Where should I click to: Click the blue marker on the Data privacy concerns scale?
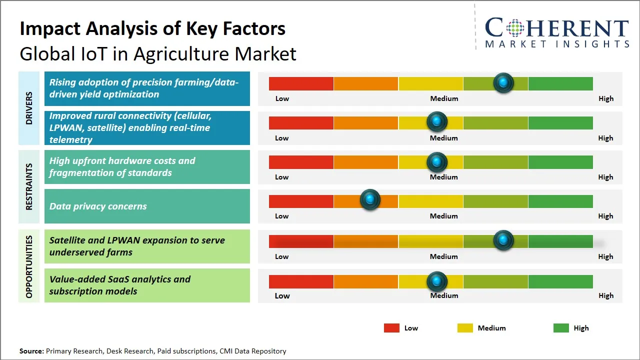coord(370,200)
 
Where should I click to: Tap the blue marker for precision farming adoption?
coord(503,82)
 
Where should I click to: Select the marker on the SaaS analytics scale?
coord(437,282)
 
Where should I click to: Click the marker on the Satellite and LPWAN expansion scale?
coord(503,240)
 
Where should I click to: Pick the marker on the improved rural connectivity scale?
coord(437,121)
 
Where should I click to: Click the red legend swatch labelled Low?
coord(391,328)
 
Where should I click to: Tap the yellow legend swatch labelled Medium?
coord(465,328)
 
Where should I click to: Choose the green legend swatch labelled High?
coord(561,328)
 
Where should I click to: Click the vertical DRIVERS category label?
coord(29,108)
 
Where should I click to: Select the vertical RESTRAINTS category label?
coord(29,186)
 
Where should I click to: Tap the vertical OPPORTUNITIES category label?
coord(29,266)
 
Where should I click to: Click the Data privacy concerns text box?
coord(147,206)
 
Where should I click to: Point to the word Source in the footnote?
coord(31,351)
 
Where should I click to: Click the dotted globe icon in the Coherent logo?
coord(515,28)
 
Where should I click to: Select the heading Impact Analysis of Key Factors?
coord(152,29)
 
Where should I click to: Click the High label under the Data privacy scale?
coord(605,216)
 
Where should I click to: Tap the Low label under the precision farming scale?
coord(282,98)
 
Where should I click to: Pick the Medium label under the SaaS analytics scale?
coord(444,295)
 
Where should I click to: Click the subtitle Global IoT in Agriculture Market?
coord(158,54)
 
